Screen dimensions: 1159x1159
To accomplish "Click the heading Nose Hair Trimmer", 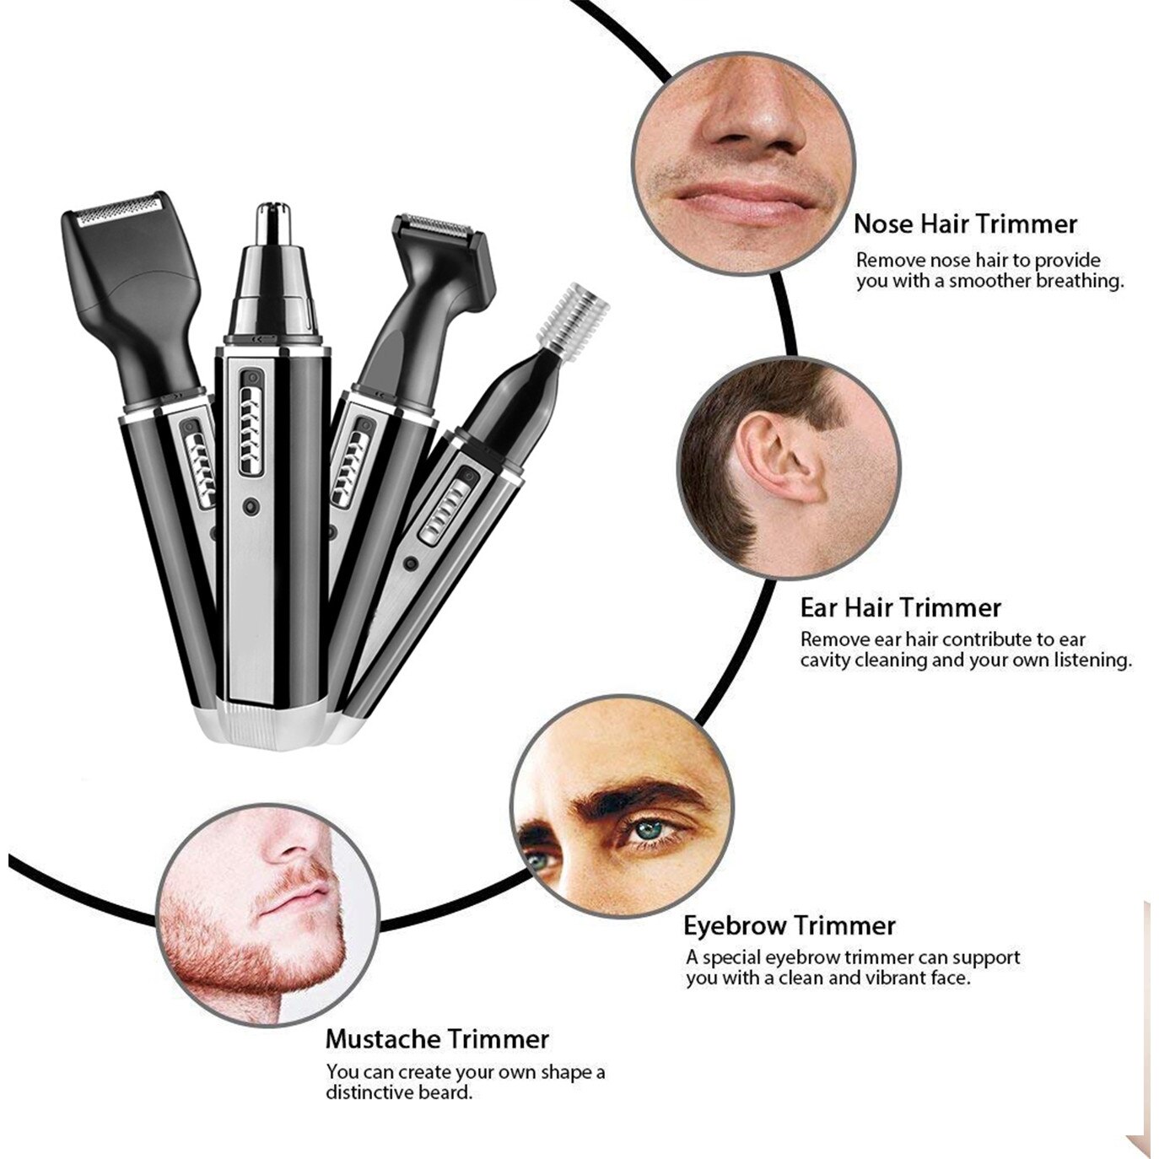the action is pos(965,224).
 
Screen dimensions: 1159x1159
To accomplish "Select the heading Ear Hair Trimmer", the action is pos(900,607).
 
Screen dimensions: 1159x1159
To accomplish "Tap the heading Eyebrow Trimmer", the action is pos(790,925).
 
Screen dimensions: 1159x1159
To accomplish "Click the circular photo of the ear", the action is pos(789,468).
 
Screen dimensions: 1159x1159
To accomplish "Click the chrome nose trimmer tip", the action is pos(274,223).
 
